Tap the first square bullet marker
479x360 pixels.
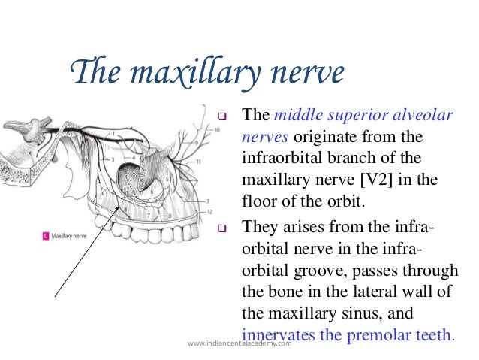pyautogui.click(x=221, y=118)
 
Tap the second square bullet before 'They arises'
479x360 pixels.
pyautogui.click(x=221, y=228)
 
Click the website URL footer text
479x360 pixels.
pyautogui.click(x=238, y=343)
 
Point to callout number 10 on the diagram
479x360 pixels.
pyautogui.click(x=217, y=130)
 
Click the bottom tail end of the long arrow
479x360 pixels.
pyautogui.click(x=57, y=298)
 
